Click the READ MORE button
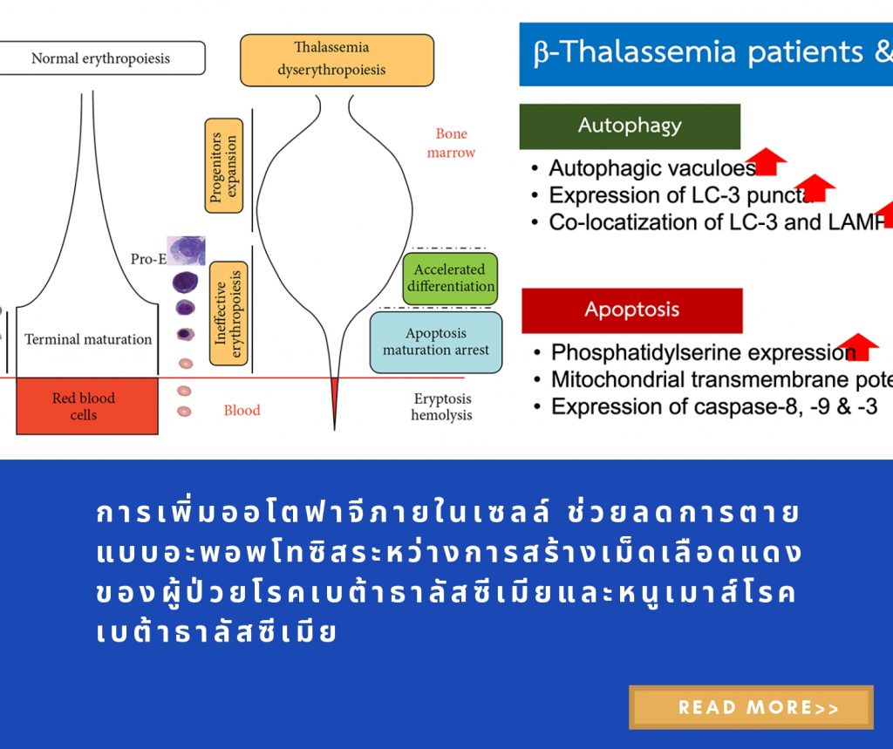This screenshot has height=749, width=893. click(x=751, y=707)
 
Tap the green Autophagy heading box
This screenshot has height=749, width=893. click(x=630, y=126)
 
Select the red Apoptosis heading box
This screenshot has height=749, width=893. click(x=632, y=310)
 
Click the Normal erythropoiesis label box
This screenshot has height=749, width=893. click(x=101, y=58)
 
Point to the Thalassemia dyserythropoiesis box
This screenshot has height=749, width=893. click(x=337, y=59)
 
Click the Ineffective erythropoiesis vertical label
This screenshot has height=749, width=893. click(x=228, y=313)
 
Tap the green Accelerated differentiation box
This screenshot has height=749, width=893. click(x=450, y=278)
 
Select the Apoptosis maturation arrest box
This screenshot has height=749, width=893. click(x=435, y=342)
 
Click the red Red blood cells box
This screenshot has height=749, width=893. click(x=85, y=406)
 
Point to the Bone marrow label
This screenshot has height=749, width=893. click(x=451, y=143)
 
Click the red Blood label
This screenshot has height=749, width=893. click(x=242, y=411)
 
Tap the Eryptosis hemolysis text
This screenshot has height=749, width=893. click(x=441, y=407)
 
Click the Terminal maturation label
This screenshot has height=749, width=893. click(x=88, y=339)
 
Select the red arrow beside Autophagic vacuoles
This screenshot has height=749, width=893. click(x=767, y=161)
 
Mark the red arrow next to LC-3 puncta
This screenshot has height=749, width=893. click(x=815, y=187)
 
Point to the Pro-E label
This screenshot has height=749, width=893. click(x=147, y=259)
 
